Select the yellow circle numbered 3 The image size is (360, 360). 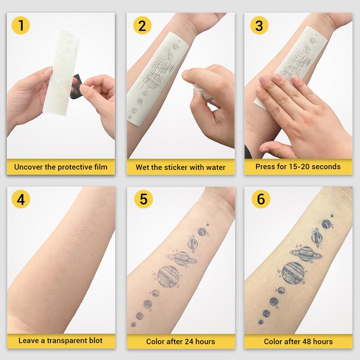click(x=259, y=26)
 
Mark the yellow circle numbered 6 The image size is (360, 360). click(x=259, y=199)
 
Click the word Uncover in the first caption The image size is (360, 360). click(x=30, y=167)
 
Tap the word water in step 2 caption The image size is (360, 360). click(x=215, y=167)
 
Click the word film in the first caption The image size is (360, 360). click(x=99, y=167)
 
